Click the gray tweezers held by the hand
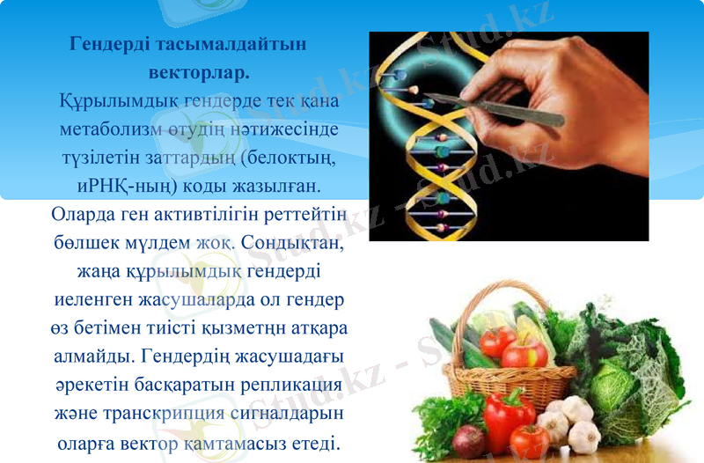pyautogui.click(x=502, y=109)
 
